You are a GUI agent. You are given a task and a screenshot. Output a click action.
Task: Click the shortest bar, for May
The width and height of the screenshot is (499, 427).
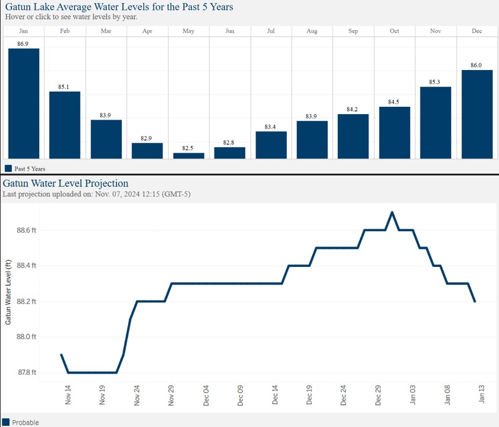(188, 156)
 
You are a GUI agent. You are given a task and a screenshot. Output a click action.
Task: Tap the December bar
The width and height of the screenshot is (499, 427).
(476, 114)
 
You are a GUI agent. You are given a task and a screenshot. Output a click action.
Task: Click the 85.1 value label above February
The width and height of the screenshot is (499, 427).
(64, 87)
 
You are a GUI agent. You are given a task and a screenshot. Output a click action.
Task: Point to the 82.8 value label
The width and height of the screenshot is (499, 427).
(229, 142)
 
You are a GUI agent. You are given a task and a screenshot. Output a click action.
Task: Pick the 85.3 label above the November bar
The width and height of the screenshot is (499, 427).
(435, 82)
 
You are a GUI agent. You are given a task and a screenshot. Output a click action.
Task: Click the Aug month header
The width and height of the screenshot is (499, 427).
(311, 31)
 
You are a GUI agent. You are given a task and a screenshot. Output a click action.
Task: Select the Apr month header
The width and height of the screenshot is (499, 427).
(147, 31)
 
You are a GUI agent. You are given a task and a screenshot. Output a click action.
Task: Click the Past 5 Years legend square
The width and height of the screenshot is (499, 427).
(9, 168)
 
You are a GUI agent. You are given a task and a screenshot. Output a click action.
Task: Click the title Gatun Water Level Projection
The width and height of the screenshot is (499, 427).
(66, 183)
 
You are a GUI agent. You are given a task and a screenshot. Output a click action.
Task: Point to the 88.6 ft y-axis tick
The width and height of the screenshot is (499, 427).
(26, 230)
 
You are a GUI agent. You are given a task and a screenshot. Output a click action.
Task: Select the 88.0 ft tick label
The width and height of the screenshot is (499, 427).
(26, 337)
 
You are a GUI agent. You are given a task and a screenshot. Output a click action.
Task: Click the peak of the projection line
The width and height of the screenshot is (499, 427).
(392, 212)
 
